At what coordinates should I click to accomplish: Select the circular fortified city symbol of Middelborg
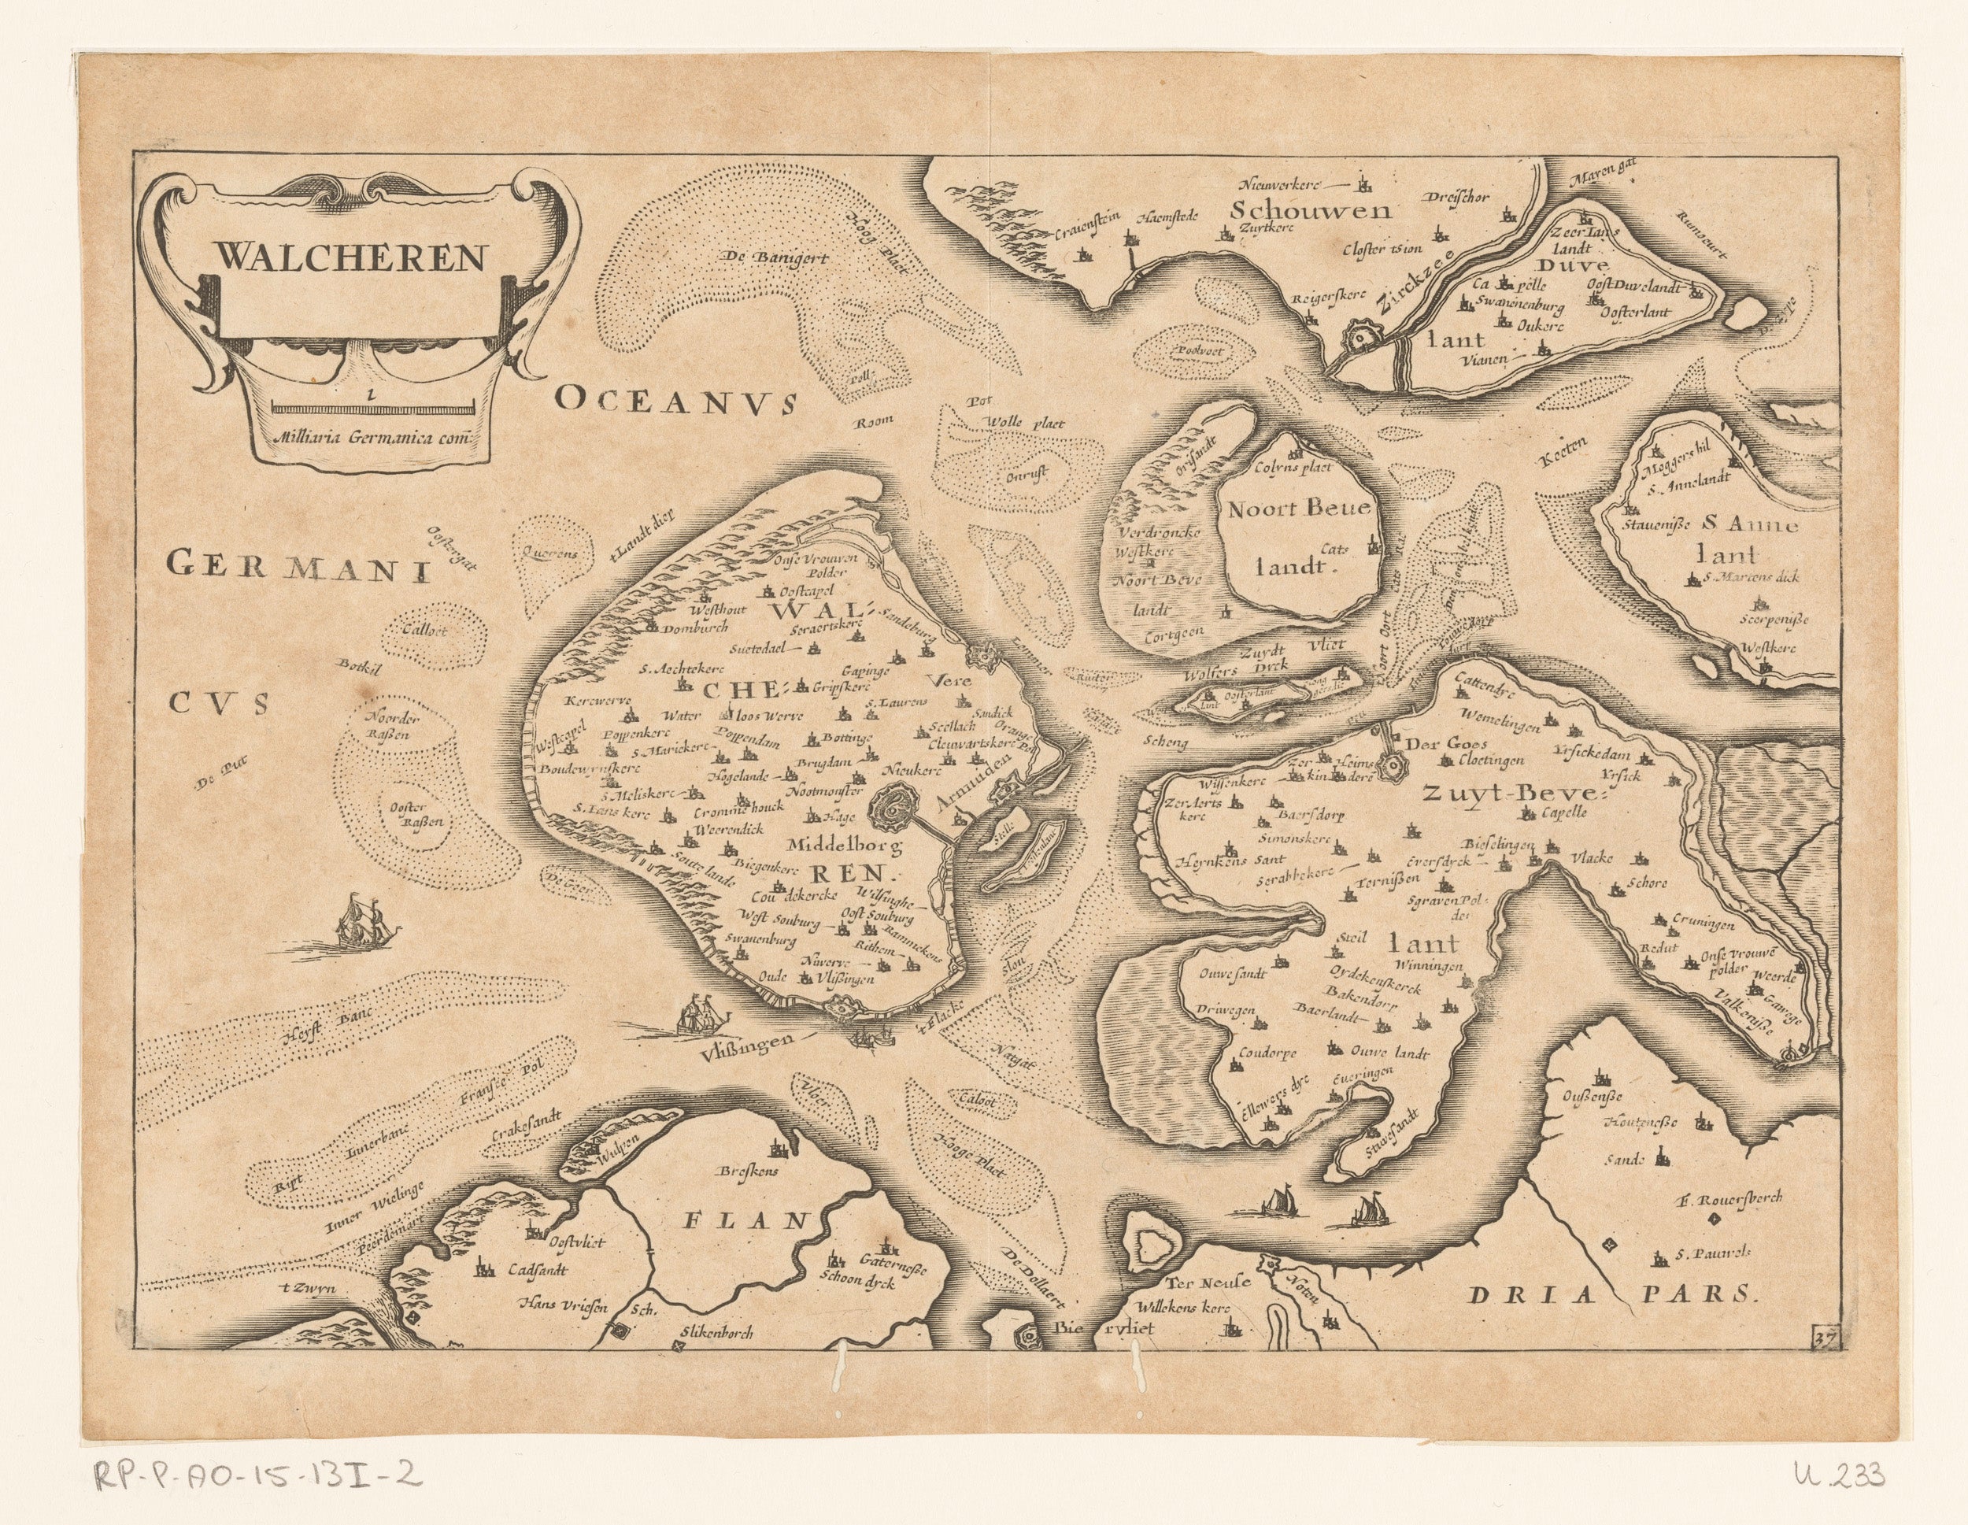click(x=896, y=814)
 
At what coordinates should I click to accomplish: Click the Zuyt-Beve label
click(x=1508, y=792)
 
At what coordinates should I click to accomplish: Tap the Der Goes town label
click(x=1435, y=742)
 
